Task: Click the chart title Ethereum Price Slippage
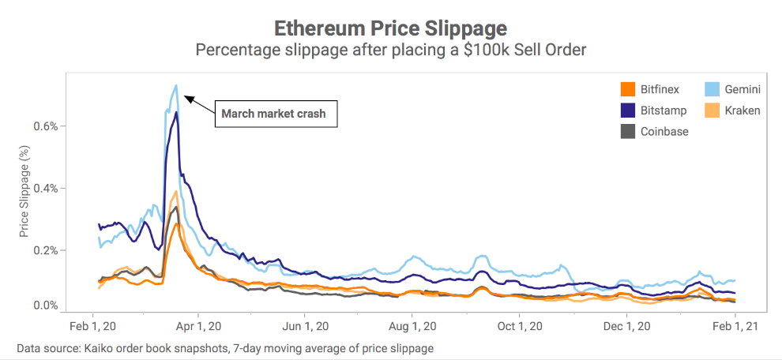390,28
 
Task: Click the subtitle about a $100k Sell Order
390,51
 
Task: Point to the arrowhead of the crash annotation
186,97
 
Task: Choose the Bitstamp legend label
664,111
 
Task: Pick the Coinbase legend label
664,132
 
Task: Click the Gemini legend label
743,89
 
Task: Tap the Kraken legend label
742,111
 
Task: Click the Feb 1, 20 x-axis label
94,325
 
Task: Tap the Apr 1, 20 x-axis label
199,325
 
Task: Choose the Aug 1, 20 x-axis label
412,325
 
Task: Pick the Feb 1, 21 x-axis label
735,325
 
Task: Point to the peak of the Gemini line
176,85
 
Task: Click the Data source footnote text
225,348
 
